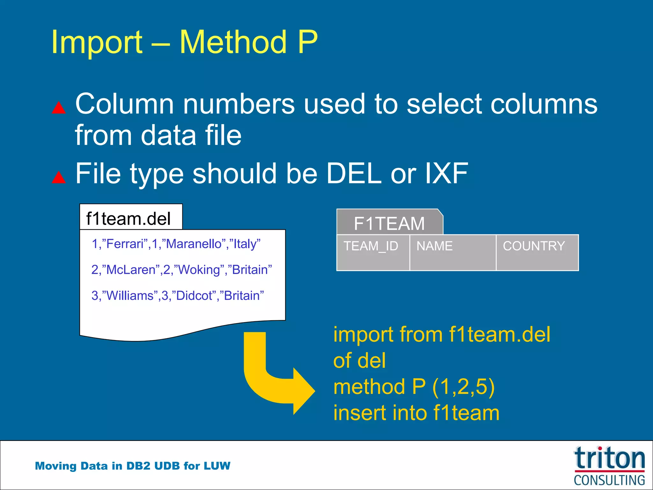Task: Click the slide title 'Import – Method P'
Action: tap(184, 42)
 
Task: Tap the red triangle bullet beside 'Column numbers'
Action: tap(59, 108)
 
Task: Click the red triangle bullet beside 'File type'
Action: tap(59, 178)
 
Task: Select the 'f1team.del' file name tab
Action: tap(129, 219)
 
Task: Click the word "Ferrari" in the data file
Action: tap(125, 244)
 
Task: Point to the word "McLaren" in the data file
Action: tap(131, 270)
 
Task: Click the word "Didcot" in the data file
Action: tap(194, 296)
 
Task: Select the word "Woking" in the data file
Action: tap(199, 270)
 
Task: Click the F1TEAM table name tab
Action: tap(389, 223)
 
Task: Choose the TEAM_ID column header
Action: tap(371, 246)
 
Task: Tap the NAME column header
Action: tap(435, 246)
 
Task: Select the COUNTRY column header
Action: tap(534, 246)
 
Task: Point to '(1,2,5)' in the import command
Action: tap(463, 387)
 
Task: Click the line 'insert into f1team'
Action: tap(416, 413)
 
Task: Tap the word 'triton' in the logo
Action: tap(609, 458)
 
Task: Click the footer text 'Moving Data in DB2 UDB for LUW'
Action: tap(133, 466)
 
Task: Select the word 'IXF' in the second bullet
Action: tap(446, 173)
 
